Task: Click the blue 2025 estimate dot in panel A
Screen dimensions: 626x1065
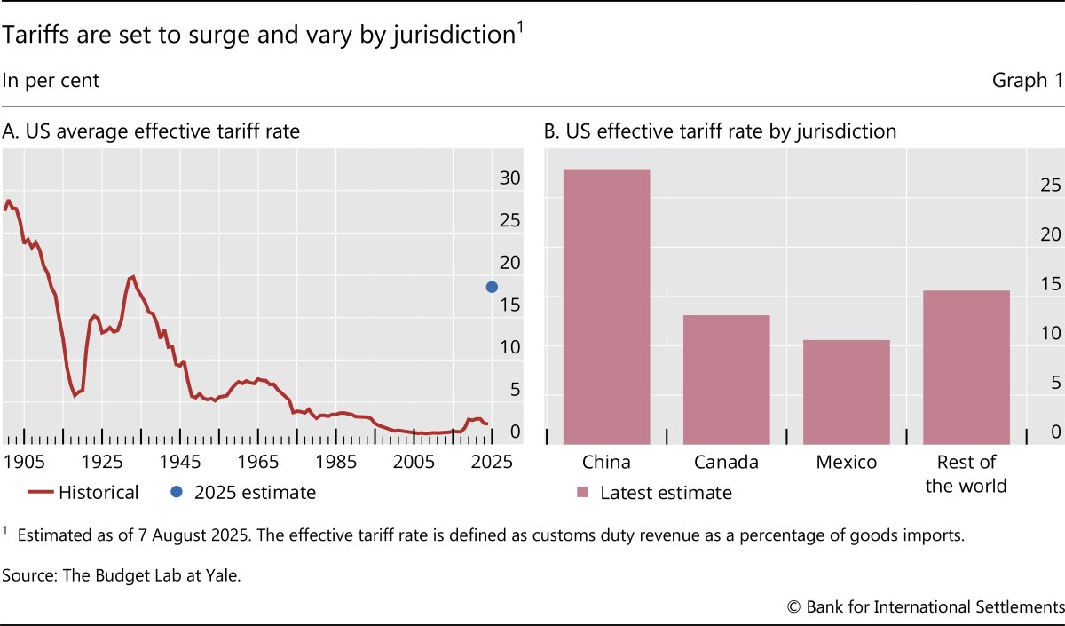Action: (493, 287)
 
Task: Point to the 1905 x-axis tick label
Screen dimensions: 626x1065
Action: (24, 463)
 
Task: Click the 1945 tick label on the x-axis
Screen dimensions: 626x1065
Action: (181, 463)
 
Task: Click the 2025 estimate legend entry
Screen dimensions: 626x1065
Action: (243, 493)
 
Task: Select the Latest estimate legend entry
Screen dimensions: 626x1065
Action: (654, 493)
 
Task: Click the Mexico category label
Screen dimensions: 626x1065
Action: (846, 463)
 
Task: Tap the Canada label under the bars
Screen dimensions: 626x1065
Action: (726, 463)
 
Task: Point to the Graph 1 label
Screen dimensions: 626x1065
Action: (1027, 81)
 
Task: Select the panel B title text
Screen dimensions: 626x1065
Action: (720, 132)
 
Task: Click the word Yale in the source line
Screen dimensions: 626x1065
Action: (222, 575)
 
